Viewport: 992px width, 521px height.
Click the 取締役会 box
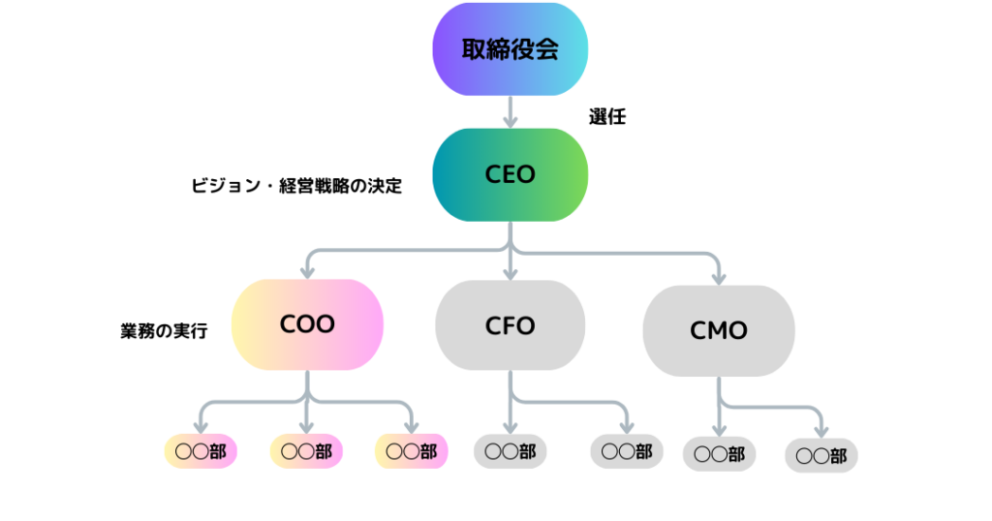(x=510, y=49)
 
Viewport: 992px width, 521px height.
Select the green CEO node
(x=510, y=174)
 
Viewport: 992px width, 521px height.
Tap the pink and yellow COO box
(x=307, y=323)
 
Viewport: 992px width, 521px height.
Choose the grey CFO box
(x=510, y=325)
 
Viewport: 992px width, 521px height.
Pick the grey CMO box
(x=719, y=330)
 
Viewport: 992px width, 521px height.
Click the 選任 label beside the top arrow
(x=607, y=117)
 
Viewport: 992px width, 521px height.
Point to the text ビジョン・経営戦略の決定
(x=296, y=186)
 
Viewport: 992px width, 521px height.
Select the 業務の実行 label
(x=163, y=330)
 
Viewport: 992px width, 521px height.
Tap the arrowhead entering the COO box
(x=307, y=271)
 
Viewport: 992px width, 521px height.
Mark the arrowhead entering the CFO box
(x=510, y=273)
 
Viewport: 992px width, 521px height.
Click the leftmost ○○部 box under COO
(x=201, y=451)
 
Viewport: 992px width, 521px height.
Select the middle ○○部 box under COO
(x=306, y=451)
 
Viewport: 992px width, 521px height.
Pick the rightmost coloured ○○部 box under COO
(x=411, y=451)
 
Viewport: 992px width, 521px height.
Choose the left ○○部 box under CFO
(x=510, y=451)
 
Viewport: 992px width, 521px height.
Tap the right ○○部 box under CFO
(x=627, y=451)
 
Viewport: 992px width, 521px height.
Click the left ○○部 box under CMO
(x=719, y=453)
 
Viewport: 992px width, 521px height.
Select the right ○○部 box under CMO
(x=821, y=455)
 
